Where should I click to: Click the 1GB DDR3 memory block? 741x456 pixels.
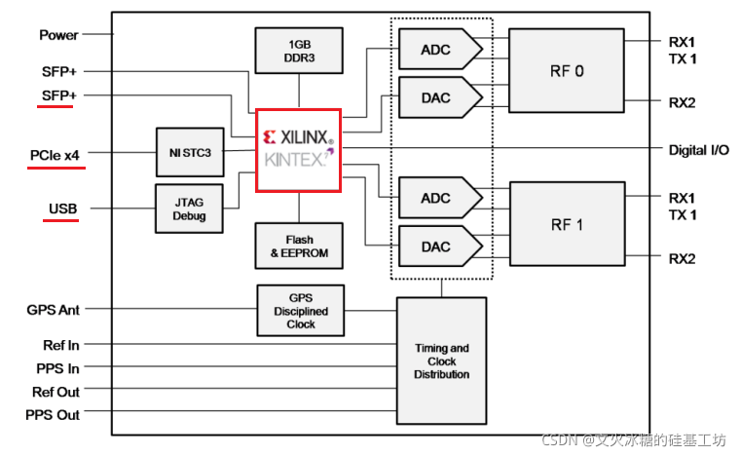point(299,51)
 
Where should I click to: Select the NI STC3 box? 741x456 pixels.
point(189,151)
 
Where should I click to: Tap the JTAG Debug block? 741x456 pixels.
point(189,209)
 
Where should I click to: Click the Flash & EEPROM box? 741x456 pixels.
point(299,246)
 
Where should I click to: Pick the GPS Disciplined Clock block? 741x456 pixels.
point(300,311)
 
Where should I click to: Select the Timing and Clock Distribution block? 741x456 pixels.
point(441,361)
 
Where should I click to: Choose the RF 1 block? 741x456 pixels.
point(566,223)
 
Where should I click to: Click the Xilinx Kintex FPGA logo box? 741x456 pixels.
point(298,149)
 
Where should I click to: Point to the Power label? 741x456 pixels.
point(58,35)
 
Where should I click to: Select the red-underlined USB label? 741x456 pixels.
point(62,209)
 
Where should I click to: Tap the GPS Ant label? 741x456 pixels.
point(53,310)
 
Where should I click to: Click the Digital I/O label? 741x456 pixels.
point(698,149)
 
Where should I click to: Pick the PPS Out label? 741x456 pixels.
point(53,414)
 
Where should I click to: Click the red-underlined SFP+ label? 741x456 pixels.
point(59,95)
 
